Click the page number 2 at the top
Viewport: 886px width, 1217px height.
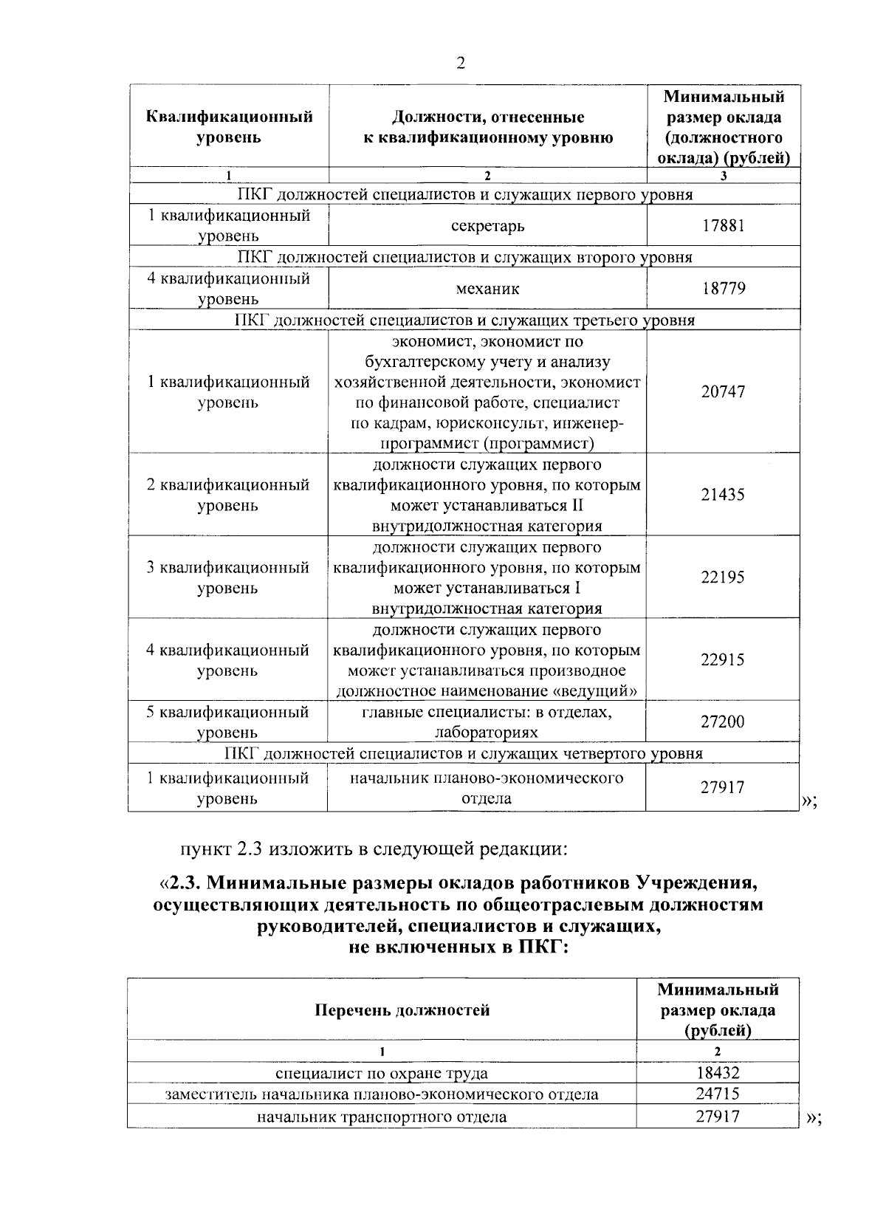(x=461, y=63)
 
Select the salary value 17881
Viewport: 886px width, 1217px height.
(x=723, y=225)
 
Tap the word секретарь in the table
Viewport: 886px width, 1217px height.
(x=487, y=225)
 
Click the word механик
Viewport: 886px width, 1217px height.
(x=487, y=288)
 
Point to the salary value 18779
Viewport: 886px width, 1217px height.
(x=723, y=288)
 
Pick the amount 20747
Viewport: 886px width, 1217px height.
(x=723, y=391)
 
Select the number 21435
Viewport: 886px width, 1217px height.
(x=723, y=494)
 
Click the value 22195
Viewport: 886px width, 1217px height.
(x=723, y=577)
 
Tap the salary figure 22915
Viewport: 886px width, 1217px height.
(x=723, y=659)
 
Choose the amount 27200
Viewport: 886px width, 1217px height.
(x=723, y=721)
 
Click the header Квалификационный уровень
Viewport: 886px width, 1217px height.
(x=229, y=127)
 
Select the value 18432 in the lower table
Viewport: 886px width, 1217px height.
(x=717, y=1073)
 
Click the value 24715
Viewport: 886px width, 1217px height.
(x=717, y=1094)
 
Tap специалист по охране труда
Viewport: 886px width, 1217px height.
(x=382, y=1073)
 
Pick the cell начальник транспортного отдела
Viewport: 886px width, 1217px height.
(x=382, y=1116)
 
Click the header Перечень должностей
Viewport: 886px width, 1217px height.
(x=402, y=1009)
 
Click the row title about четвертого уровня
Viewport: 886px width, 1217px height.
(x=464, y=753)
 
